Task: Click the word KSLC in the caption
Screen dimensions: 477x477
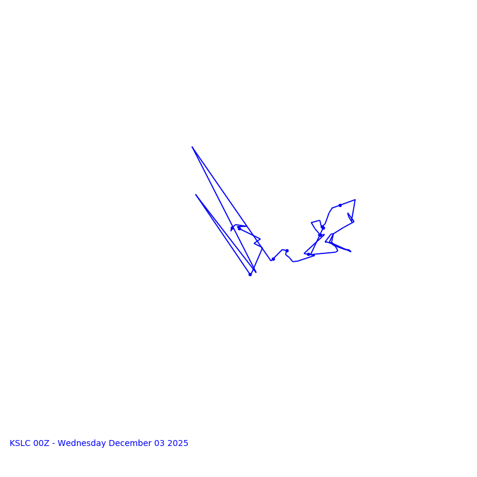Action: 20,444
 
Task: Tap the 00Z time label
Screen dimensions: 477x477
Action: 42,444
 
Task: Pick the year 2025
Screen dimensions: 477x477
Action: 178,444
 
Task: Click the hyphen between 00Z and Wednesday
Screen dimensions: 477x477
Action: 54,444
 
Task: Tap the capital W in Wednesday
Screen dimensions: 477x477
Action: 61,444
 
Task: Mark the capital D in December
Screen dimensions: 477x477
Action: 112,444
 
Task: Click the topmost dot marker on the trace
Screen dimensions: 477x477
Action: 340,205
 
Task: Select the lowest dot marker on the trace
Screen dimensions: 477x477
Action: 250,274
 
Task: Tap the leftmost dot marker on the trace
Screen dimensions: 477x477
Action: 232,228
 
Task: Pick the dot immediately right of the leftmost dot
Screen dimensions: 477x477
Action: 239,228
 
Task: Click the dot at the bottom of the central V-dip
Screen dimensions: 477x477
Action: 273,259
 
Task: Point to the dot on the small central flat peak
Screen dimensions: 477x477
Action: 287,250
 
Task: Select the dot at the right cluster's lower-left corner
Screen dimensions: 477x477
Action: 308,254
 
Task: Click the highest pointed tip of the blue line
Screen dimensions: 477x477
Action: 192,147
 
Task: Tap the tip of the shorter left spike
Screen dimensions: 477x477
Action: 196,194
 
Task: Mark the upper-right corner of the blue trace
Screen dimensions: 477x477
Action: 355,200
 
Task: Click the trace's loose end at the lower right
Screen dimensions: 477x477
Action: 351,252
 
